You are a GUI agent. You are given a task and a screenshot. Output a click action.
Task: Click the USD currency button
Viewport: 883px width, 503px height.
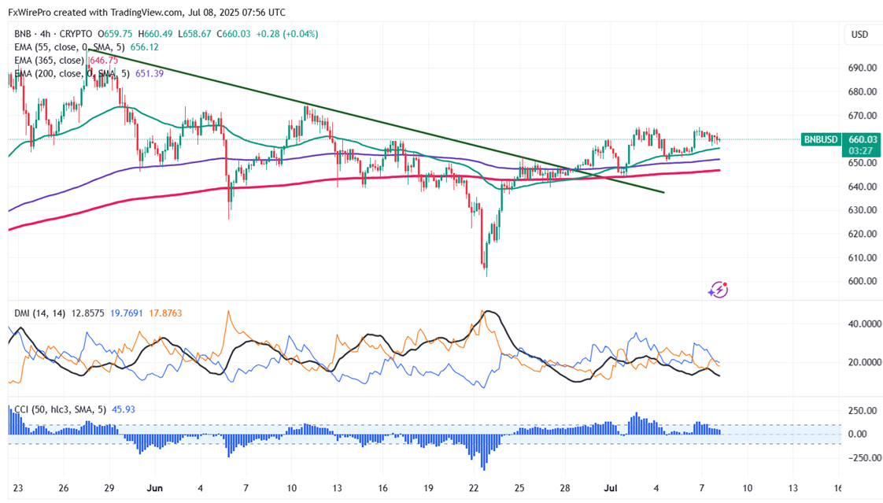pyautogui.click(x=859, y=35)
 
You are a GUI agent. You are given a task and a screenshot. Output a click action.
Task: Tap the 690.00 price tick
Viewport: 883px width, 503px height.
pyautogui.click(x=861, y=68)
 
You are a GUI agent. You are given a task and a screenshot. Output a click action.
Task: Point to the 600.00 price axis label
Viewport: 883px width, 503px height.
pyautogui.click(x=861, y=282)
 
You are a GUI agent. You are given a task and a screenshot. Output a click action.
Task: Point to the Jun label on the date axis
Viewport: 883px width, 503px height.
pyautogui.click(x=154, y=486)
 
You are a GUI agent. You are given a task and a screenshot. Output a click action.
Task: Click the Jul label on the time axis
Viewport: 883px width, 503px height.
pyautogui.click(x=613, y=486)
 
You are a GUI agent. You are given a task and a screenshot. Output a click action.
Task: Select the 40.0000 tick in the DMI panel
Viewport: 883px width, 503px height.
pyautogui.click(x=861, y=324)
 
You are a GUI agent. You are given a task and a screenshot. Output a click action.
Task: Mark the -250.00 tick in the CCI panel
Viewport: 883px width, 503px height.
pyautogui.click(x=859, y=458)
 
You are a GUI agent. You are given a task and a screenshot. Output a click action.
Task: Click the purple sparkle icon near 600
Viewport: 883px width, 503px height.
pyautogui.click(x=717, y=290)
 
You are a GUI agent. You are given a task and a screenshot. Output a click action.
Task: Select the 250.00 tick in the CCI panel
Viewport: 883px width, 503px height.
pyautogui.click(x=861, y=411)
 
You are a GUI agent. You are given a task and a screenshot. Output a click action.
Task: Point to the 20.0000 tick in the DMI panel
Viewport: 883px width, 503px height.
pyautogui.click(x=861, y=363)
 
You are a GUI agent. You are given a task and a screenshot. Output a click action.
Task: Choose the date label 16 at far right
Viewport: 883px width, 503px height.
pyautogui.click(x=839, y=486)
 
